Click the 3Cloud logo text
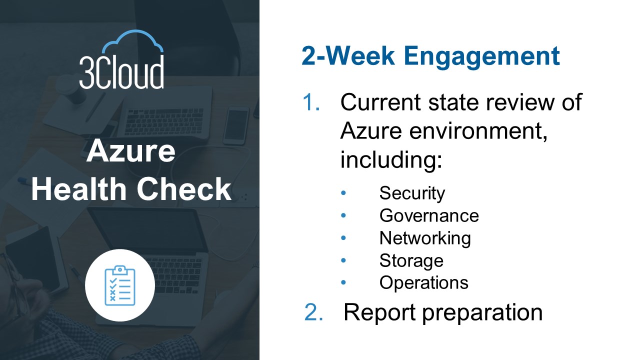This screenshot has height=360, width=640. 121,71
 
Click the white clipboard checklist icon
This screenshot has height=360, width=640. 120,285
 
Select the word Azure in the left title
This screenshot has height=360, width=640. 131,150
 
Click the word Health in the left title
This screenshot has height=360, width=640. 79,189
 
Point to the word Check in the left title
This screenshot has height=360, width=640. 184,189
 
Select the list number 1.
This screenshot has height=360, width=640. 311,102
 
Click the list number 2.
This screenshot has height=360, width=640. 313,312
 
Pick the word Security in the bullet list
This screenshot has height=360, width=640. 412,194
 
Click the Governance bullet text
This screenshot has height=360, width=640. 429,215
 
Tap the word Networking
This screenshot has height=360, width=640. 425,239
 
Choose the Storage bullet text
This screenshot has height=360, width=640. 411,261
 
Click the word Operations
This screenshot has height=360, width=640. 424,283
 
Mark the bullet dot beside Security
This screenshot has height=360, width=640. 343,193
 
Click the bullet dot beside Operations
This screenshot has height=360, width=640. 343,282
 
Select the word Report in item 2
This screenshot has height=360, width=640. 379,312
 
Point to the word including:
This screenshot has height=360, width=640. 391,159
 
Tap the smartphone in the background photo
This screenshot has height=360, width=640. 236,125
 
